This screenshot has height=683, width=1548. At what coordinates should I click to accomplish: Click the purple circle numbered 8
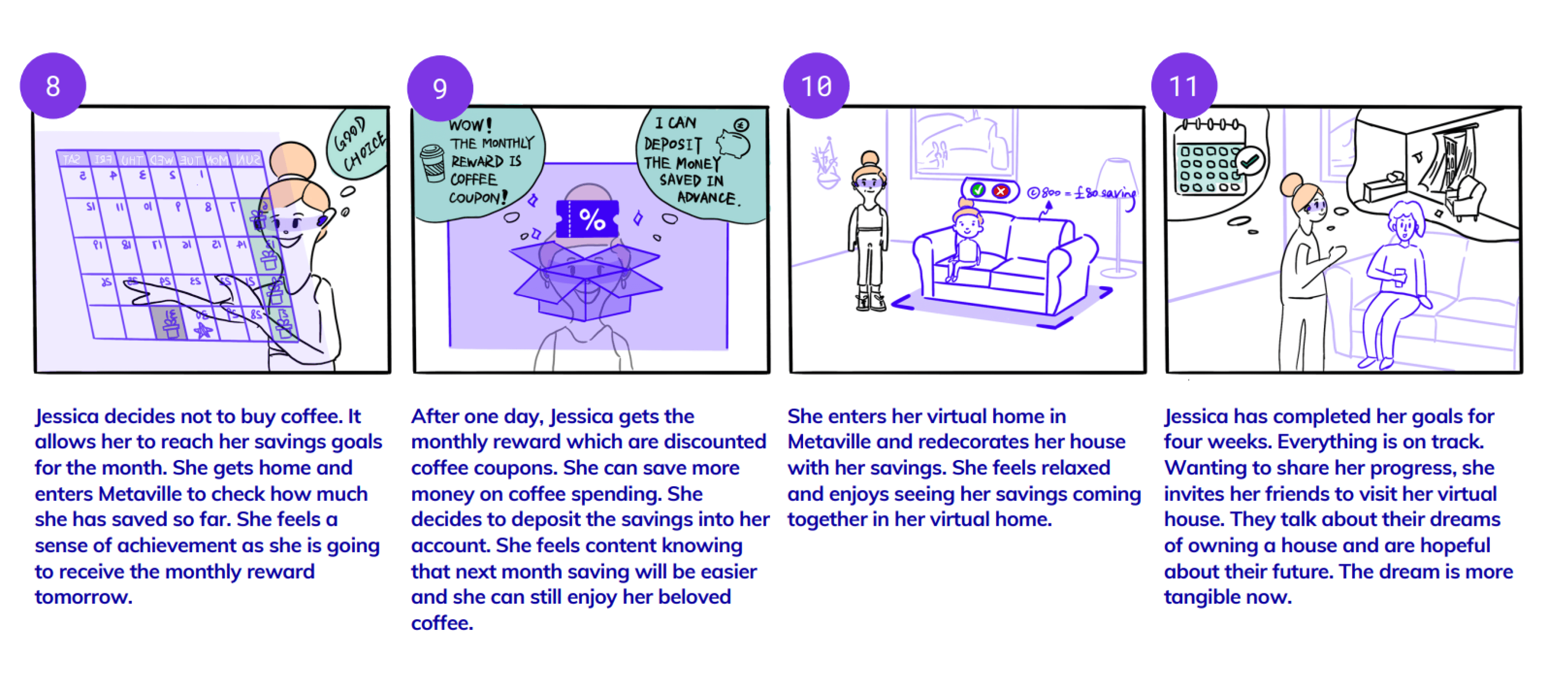point(53,86)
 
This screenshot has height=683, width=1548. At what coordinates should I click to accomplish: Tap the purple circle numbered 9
point(440,89)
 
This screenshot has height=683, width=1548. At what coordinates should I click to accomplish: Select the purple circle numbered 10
point(816,86)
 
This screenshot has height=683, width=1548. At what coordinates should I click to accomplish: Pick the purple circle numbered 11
point(1184,86)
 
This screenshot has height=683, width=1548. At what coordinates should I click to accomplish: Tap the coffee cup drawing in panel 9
point(432,163)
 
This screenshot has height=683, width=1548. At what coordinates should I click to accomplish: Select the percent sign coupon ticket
point(588,219)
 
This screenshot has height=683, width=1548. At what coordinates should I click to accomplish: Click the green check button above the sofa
point(978,191)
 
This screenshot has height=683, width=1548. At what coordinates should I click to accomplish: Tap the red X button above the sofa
point(1000,191)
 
